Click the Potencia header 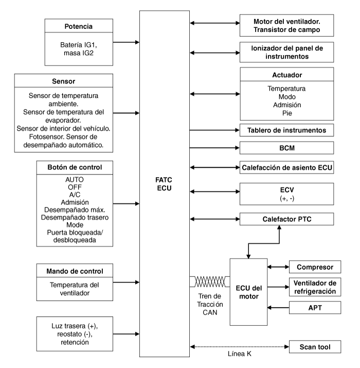click(79, 26)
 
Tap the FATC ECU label click(164, 184)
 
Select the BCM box click(286, 148)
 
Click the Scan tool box click(315, 347)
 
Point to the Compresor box click(315, 267)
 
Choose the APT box click(315, 307)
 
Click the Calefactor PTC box click(286, 219)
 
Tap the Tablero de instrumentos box click(286, 130)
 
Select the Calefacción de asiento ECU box click(286, 167)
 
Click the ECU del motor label click(248, 292)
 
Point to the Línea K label click(240, 354)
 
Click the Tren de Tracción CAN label click(210, 304)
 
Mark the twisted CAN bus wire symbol click(210, 282)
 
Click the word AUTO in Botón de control click(75, 180)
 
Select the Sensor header click(64, 81)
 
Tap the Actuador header click(287, 75)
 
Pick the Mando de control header click(75, 271)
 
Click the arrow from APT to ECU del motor click(278, 307)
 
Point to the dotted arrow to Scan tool click(239, 347)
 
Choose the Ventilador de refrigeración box click(315, 287)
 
